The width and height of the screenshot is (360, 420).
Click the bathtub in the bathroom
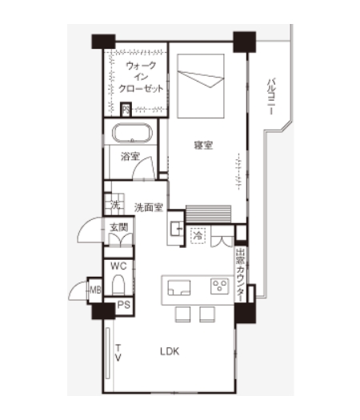pyautogui.click(x=132, y=133)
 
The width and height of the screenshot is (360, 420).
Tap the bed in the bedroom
pyautogui.click(x=201, y=86)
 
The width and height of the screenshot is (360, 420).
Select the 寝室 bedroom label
pyautogui.click(x=203, y=145)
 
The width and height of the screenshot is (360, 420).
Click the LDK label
pyautogui.click(x=170, y=351)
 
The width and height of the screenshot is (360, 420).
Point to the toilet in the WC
pyautogui.click(x=118, y=285)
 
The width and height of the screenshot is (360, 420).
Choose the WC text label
pyautogui.click(x=118, y=266)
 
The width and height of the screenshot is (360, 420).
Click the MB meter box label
pyautogui.click(x=95, y=290)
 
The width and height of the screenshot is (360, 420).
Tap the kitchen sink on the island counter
pyautogui.click(x=179, y=288)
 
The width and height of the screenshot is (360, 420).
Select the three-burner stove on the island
pyautogui.click(x=220, y=286)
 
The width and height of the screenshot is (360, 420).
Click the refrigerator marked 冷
pyautogui.click(x=198, y=236)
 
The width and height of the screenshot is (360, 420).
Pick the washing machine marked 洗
pyautogui.click(x=114, y=204)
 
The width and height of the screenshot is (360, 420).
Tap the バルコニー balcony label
pyautogui.click(x=272, y=97)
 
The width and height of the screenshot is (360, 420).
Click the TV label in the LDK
pyautogui.click(x=118, y=353)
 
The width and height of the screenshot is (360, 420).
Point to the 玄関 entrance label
pyautogui.click(x=118, y=227)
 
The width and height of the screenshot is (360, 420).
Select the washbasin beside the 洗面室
pyautogui.click(x=176, y=229)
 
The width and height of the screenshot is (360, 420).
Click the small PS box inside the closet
pyautogui.click(x=126, y=110)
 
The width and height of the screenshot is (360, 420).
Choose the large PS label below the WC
pyautogui.click(x=124, y=305)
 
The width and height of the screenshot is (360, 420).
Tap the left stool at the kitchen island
pyautogui.click(x=183, y=314)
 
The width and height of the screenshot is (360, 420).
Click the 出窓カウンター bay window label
pyautogui.click(x=240, y=275)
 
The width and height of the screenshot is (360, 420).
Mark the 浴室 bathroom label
pyautogui.click(x=130, y=157)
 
